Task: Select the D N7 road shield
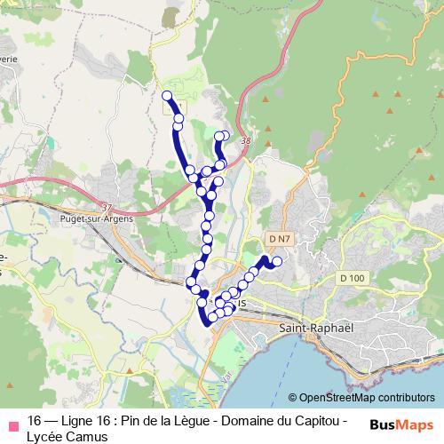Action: [279, 239]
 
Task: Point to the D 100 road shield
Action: [352, 279]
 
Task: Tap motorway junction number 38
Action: [245, 141]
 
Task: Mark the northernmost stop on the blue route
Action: [166, 95]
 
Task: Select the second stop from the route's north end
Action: [178, 118]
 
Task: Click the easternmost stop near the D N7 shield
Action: [277, 261]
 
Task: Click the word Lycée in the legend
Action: [45, 436]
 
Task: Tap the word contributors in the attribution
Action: [404, 397]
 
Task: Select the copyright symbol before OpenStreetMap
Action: [293, 397]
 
